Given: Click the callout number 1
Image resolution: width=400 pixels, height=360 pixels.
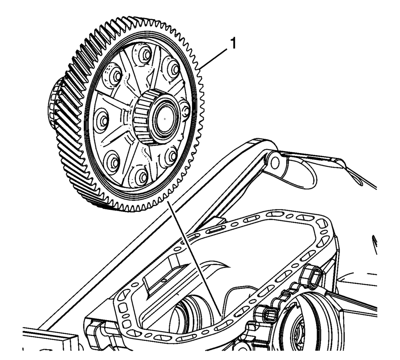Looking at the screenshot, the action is tap(232, 44).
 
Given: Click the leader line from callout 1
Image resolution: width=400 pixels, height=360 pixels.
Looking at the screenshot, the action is tap(214, 60).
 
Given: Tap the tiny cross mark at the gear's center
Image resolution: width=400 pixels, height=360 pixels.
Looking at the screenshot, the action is tap(165, 119).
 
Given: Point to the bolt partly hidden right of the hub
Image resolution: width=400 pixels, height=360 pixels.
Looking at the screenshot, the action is tap(186, 110).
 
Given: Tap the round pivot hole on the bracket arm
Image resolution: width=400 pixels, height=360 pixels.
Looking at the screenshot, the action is tap(275, 163).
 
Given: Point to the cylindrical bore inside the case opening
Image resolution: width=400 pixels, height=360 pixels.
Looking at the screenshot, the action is tap(191, 313).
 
